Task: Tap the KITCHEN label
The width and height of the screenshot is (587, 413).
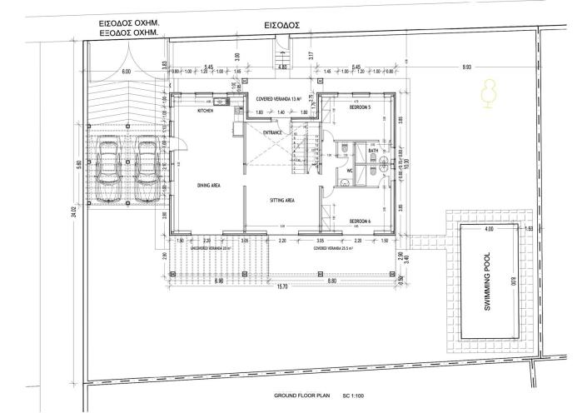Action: [205, 111]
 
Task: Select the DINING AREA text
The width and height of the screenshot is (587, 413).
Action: [208, 186]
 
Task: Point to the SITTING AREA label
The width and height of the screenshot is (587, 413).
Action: [283, 201]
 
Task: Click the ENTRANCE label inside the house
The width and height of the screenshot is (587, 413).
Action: [273, 132]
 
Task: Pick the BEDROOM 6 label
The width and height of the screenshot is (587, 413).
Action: [360, 221]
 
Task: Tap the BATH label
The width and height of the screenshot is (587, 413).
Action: [373, 151]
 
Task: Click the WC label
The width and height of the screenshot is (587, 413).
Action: [350, 172]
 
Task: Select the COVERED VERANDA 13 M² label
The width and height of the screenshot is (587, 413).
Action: [281, 97]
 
